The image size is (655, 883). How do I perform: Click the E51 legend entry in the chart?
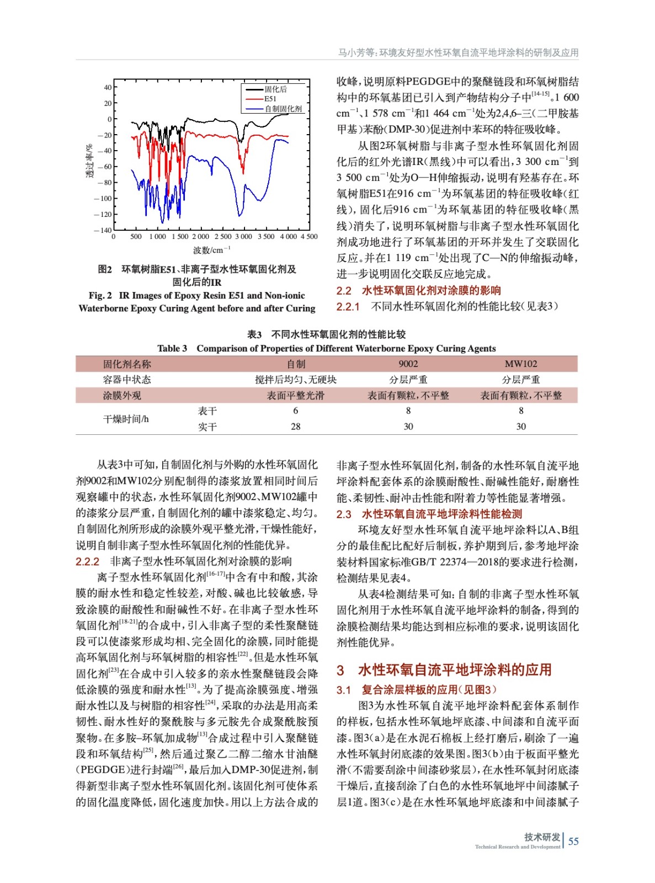coord(270,99)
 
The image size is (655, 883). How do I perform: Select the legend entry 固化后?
coord(275,89)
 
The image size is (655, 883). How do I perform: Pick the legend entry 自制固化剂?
coord(283,109)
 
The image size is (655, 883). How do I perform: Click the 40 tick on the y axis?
coord(107,87)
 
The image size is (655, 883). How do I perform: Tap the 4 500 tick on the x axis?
coord(309,237)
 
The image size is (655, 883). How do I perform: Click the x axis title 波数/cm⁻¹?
coord(212,250)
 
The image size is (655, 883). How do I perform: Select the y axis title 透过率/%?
coord(89,161)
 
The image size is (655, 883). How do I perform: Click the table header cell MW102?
coord(520,364)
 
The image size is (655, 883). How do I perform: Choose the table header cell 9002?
coord(408,364)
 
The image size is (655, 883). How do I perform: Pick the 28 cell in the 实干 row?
coord(296,427)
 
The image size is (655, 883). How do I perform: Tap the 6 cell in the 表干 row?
coord(296,411)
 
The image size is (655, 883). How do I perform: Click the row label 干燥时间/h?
coord(126,419)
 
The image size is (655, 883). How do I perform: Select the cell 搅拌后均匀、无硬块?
coord(296,380)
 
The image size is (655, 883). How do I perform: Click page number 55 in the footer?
coord(573,841)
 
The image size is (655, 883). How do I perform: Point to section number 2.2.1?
coord(348,307)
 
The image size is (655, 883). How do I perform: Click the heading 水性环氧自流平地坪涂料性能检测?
coord(441,514)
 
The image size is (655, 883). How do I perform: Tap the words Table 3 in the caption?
coord(172,348)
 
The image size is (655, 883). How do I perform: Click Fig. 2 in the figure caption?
coord(100,296)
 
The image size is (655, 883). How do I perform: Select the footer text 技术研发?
coord(542,837)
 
